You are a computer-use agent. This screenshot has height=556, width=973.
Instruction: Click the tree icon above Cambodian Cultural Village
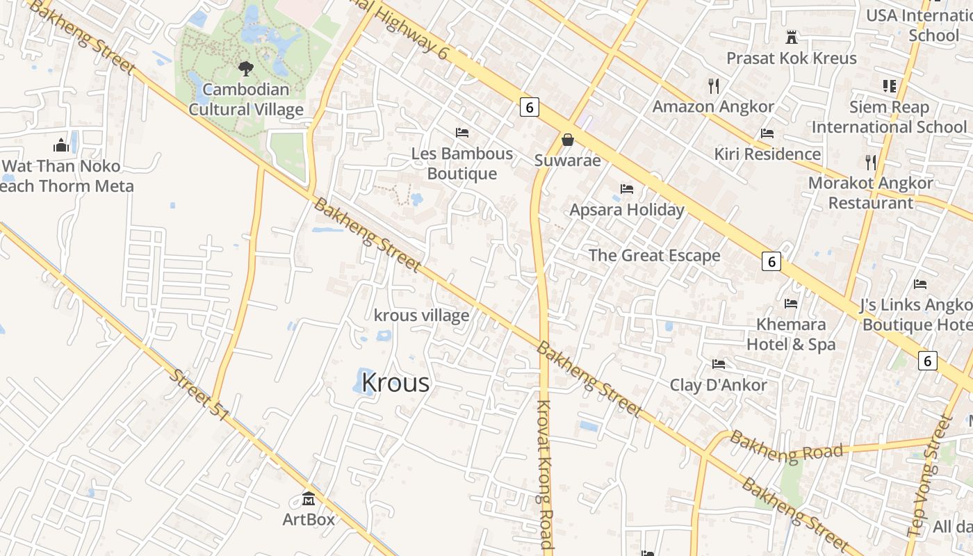[x=245, y=68]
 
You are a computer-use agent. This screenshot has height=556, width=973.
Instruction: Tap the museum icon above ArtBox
[x=309, y=498]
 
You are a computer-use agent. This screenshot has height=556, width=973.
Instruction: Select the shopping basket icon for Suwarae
[x=568, y=140]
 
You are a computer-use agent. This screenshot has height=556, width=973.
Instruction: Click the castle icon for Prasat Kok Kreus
[x=791, y=37]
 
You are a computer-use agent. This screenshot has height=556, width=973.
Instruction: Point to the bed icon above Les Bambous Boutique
[x=462, y=132]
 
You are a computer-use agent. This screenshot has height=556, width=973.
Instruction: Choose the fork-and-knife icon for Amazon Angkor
[x=713, y=85]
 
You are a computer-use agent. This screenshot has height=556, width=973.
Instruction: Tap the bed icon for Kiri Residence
[x=767, y=133]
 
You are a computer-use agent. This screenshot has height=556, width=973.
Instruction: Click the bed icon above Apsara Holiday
[x=627, y=189]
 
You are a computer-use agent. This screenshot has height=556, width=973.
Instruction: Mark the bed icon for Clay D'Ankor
[x=719, y=364]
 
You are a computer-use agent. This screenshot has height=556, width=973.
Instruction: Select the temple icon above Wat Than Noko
[x=61, y=145]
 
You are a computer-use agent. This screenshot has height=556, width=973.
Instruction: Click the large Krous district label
[x=395, y=383]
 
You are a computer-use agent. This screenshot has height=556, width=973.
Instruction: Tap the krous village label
[x=421, y=316]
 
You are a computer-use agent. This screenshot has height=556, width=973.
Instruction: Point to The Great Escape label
[x=654, y=255]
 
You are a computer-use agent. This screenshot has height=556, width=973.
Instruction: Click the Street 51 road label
[x=199, y=394]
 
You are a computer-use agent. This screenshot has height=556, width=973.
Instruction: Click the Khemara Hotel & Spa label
[x=791, y=334]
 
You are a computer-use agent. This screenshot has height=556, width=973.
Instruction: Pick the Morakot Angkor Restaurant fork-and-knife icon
[x=871, y=162]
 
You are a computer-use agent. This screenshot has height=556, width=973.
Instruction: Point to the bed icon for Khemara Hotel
[x=791, y=304]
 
